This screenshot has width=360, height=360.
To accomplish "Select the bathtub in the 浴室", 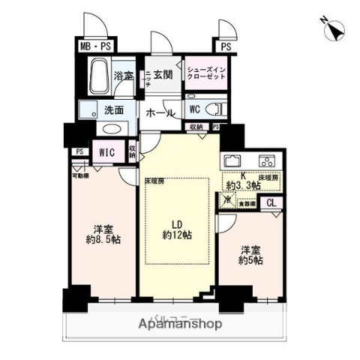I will point(100,75).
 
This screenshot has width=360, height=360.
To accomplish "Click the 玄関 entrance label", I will point(162,74).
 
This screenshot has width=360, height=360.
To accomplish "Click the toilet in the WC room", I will point(213,109).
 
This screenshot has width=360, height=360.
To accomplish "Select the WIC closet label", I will point(106,152).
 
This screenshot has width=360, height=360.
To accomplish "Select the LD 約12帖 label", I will point(177,229).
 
